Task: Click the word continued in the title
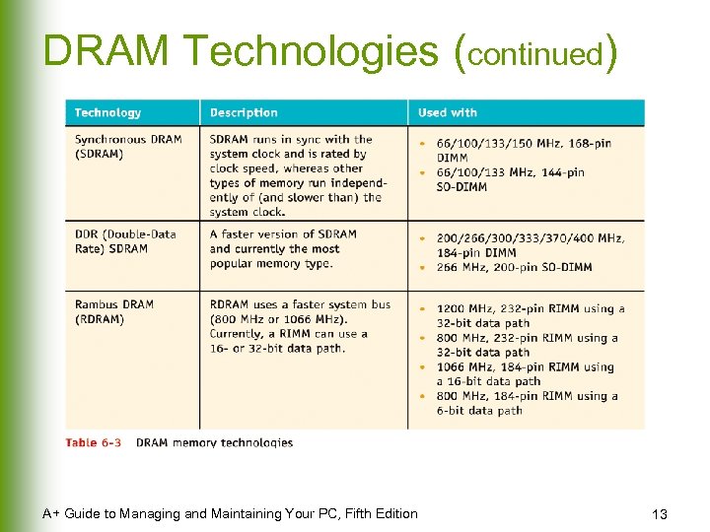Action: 537,54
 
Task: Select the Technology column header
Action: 107,113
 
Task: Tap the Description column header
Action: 244,113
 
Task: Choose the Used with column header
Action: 449,113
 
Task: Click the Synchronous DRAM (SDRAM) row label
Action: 128,147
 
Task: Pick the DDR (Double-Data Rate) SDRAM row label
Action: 125,241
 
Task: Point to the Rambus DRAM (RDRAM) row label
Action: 114,312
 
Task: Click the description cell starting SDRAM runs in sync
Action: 297,175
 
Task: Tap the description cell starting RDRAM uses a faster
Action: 300,326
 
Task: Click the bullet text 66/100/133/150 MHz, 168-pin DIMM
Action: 524,150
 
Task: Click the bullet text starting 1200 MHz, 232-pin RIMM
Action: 531,315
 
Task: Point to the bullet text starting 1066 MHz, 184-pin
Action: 526,373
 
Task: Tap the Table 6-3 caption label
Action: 94,442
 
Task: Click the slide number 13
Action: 660,514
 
